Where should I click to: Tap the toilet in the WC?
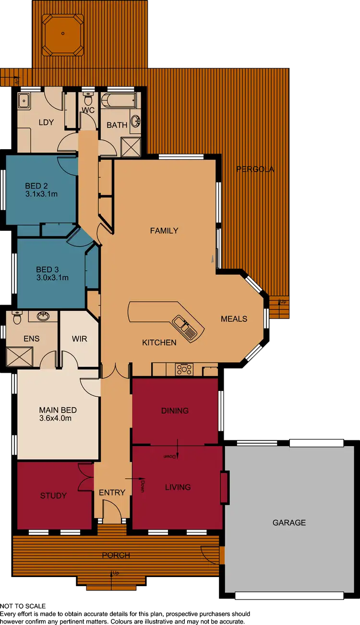click(x=87, y=100)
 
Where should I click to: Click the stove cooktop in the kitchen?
click(x=184, y=369)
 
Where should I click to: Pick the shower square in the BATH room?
click(x=130, y=147)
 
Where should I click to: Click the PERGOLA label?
click(x=255, y=169)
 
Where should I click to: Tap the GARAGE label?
click(x=289, y=522)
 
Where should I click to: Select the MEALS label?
click(x=234, y=318)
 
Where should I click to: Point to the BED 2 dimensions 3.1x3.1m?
click(x=41, y=195)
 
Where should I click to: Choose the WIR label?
click(x=79, y=339)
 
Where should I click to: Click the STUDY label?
click(x=53, y=495)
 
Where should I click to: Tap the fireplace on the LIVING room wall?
click(x=224, y=487)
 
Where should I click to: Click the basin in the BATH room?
click(x=135, y=120)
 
